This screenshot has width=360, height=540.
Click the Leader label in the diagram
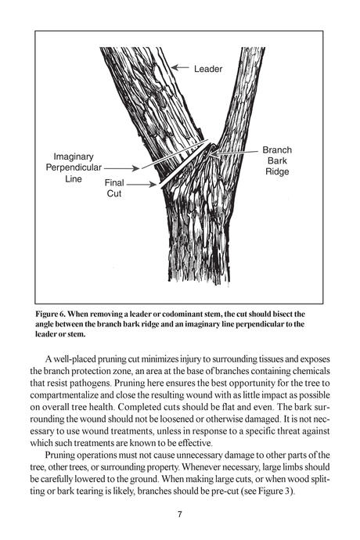coord(209,69)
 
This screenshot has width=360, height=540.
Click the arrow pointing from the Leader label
coord(182,69)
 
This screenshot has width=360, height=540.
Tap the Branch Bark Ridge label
coord(276,160)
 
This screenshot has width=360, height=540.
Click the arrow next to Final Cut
coord(141,185)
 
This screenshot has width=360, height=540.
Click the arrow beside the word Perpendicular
coord(118,167)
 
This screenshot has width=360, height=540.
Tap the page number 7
coord(180,514)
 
